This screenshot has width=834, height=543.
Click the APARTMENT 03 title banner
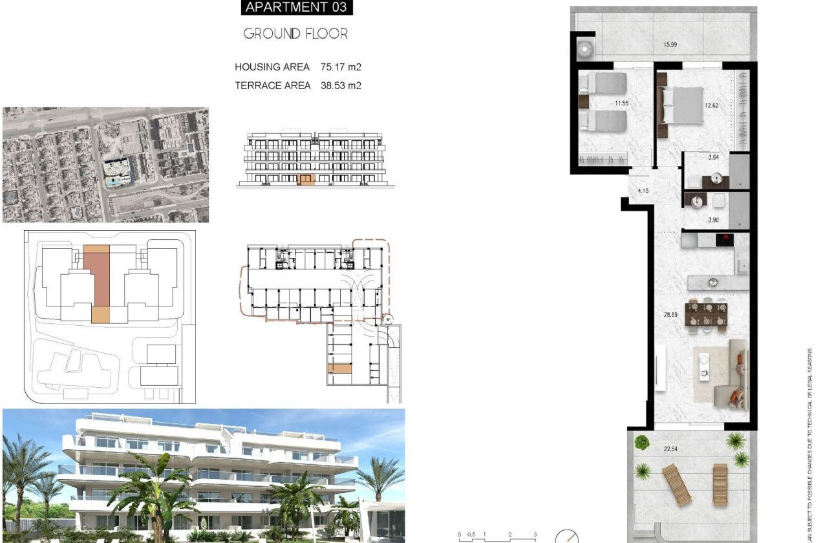(297, 8)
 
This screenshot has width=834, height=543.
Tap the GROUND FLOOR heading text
(295, 34)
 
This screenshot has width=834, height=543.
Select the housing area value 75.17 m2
(341, 67)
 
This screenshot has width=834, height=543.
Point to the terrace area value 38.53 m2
(341, 85)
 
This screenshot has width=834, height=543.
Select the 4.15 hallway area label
(643, 191)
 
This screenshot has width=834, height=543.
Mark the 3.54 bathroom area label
(714, 157)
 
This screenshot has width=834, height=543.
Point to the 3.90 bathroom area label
(714, 220)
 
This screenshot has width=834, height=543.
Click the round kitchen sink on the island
(712, 281)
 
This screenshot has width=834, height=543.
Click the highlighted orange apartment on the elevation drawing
(306, 180)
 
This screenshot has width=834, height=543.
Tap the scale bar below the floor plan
(497, 536)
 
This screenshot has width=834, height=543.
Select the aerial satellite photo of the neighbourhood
(106, 165)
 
